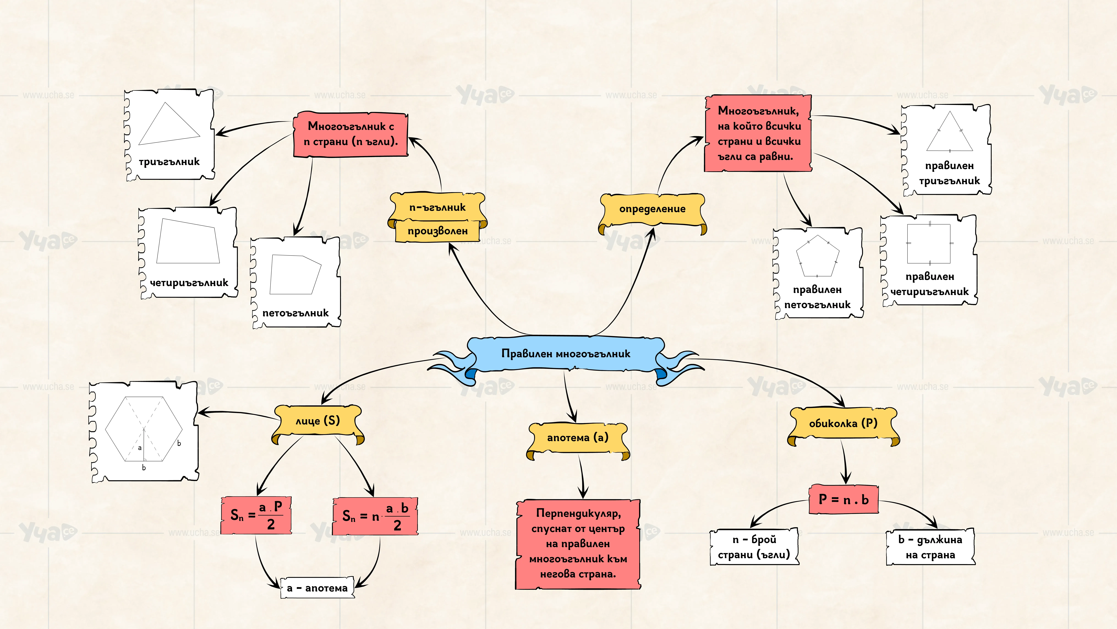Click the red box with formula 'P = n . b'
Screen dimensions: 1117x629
(x=843, y=500)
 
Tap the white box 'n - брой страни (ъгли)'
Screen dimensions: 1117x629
(x=754, y=547)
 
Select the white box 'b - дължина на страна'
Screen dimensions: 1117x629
(x=930, y=547)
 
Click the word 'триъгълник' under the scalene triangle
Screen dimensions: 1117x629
(x=169, y=162)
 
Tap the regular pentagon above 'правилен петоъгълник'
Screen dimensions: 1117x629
(x=817, y=256)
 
